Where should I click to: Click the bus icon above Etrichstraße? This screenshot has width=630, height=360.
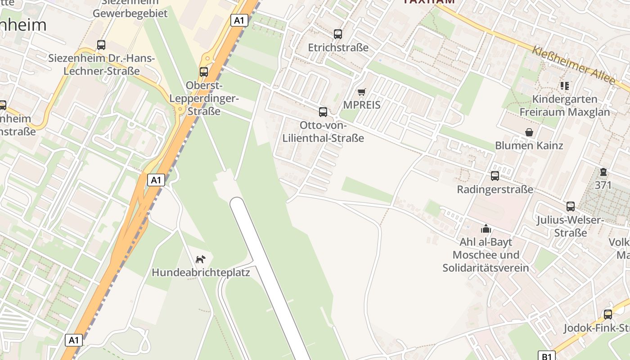(338, 34)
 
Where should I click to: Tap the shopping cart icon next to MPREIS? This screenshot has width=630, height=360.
(361, 92)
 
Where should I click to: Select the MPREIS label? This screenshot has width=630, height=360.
(362, 105)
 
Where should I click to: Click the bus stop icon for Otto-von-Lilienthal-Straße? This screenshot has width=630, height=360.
(323, 112)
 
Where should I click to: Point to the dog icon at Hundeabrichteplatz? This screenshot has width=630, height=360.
(201, 259)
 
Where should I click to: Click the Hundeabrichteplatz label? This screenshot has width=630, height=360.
(201, 272)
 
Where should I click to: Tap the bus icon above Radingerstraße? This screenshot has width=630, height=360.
(495, 176)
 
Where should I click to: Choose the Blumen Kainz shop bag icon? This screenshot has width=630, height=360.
(529, 132)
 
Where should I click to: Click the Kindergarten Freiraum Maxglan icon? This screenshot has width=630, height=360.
(565, 85)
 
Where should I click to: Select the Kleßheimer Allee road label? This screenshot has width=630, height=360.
(573, 65)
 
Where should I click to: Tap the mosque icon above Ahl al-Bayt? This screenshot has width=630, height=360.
(486, 229)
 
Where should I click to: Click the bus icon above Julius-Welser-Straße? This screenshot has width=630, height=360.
(571, 207)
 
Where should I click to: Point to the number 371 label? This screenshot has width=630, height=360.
(603, 185)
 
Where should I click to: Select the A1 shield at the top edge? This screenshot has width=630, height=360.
(239, 20)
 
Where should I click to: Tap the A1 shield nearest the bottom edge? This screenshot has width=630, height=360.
(74, 340)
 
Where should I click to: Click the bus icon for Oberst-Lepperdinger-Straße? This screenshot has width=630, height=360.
(204, 72)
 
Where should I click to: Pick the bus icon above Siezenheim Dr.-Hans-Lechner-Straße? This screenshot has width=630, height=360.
(101, 45)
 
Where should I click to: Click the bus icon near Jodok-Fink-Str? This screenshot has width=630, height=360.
(608, 314)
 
